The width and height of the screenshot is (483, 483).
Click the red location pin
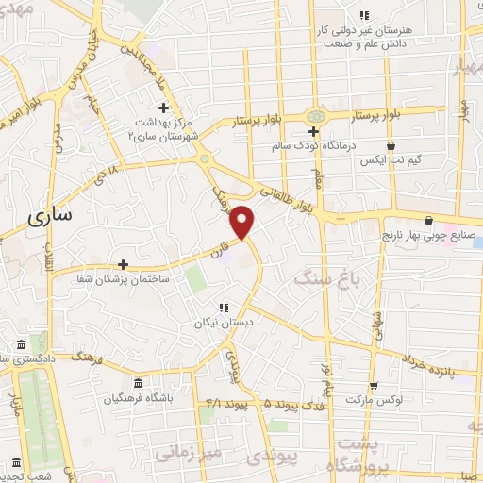coord(243,222)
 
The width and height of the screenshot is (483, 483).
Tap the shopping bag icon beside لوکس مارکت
coord(375,385)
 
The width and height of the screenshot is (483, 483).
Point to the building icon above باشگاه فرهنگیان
coord(139,383)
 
